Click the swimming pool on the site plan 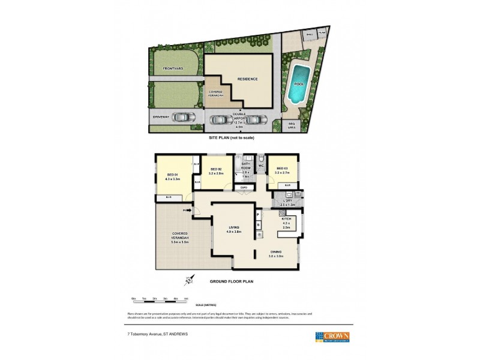tap(296, 85)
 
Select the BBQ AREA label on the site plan tap(292, 126)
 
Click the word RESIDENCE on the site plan tap(247, 79)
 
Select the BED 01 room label tap(172, 176)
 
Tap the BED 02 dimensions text tap(216, 173)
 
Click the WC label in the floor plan tap(261, 166)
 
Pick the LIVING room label tap(234, 227)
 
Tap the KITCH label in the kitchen tap(286, 219)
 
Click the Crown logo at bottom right tap(333, 336)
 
